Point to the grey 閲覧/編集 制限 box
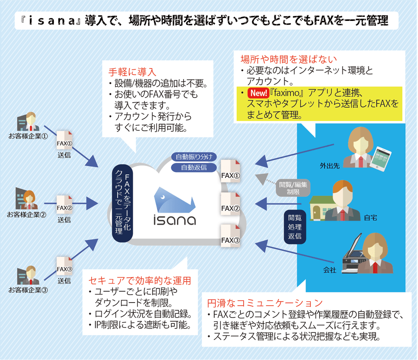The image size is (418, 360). point(292,187)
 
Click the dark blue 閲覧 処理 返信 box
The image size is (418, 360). point(294,227)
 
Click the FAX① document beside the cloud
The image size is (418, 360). point(231,171)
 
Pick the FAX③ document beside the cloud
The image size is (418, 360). point(231,236)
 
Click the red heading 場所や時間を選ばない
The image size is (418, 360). point(289,59)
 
